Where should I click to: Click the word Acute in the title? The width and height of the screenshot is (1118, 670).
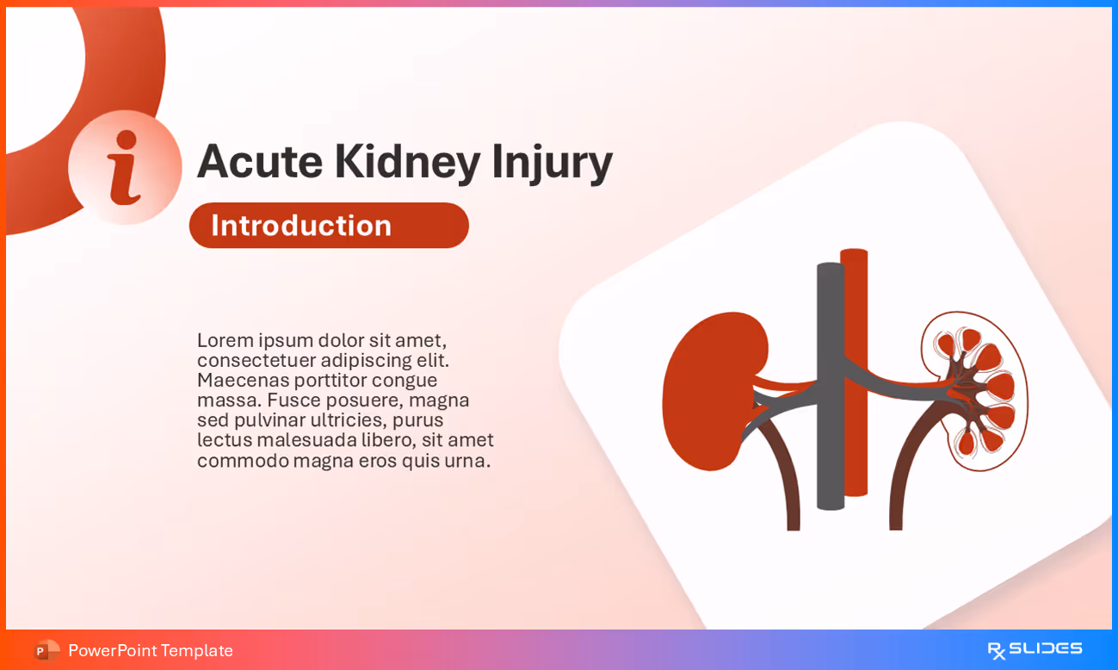pyautogui.click(x=259, y=161)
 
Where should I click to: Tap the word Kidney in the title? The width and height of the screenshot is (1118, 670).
pyautogui.click(x=406, y=161)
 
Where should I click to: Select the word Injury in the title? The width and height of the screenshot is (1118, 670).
pyautogui.click(x=552, y=161)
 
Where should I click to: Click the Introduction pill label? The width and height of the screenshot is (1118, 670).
pyautogui.click(x=302, y=226)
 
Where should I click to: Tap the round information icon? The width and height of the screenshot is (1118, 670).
pyautogui.click(x=125, y=167)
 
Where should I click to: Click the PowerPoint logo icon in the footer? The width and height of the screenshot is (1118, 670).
pyautogui.click(x=46, y=650)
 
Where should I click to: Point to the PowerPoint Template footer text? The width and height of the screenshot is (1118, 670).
pyautogui.click(x=151, y=650)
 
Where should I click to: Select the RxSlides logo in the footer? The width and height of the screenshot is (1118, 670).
pyautogui.click(x=1035, y=649)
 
